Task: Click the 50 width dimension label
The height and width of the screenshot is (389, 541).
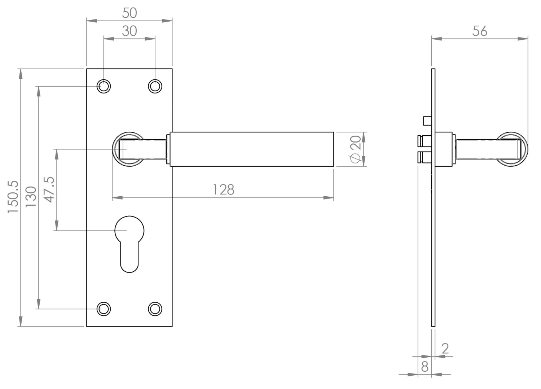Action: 129,13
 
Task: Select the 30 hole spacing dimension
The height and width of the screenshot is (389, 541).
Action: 129,31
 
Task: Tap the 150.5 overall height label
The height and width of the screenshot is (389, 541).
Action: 13,197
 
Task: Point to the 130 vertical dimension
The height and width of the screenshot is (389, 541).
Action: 31,196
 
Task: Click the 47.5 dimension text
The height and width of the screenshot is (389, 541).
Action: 49,190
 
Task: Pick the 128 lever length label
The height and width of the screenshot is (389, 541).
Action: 224,190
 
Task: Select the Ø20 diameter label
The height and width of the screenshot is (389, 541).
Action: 356,149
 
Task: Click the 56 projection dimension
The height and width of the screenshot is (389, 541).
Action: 480,31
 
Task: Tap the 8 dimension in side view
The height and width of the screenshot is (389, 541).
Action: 425,367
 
